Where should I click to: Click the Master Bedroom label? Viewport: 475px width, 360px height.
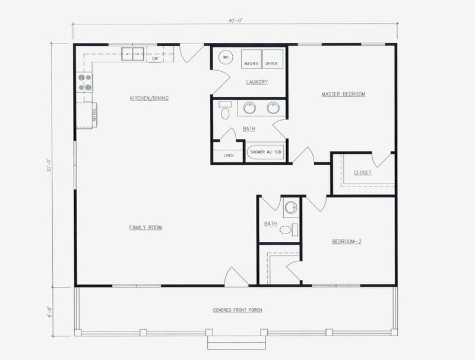point(343,94)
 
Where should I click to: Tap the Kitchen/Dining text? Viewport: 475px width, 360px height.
point(149,98)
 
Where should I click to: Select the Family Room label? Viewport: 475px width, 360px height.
point(145,228)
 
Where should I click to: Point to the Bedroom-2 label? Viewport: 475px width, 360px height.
point(347,242)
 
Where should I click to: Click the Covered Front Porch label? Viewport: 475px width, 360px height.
point(237,310)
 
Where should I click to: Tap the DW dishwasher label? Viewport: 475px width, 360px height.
point(155,59)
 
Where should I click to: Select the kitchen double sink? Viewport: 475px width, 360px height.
point(134,54)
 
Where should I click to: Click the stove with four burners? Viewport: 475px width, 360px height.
point(84,82)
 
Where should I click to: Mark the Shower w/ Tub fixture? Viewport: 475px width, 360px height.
point(265,152)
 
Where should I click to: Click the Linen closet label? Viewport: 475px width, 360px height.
point(229,156)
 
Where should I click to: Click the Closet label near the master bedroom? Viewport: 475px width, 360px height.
point(362,173)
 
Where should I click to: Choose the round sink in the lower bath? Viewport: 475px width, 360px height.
point(290,208)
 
